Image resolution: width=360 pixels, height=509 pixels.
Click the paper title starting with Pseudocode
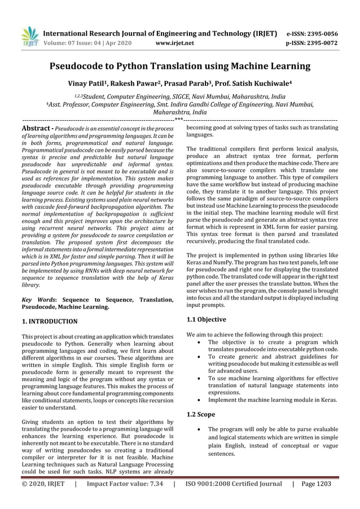pos(180,67)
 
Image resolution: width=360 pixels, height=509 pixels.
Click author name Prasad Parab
pos(192,84)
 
